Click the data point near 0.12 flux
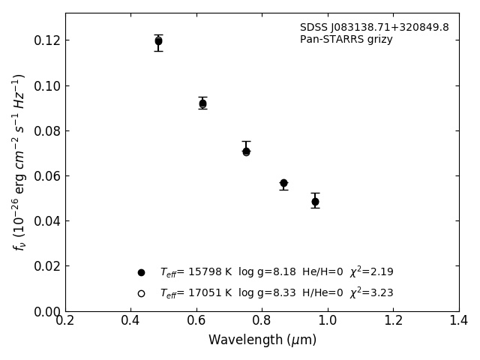[x=158, y=41]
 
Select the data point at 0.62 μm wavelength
[x=202, y=103]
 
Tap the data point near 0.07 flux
[x=246, y=151]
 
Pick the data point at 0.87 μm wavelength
[x=283, y=183]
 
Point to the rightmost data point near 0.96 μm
[x=315, y=201]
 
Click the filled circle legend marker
[x=141, y=272]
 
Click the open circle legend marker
[x=141, y=293]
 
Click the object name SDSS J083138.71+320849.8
[x=374, y=28]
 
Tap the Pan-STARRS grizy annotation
[x=346, y=40]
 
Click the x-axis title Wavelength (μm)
[x=262, y=340]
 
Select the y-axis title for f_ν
[x=19, y=161]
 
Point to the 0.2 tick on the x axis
[x=65, y=321]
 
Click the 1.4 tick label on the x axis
[x=459, y=321]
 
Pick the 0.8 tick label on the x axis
[x=262, y=321]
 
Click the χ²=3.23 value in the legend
[x=371, y=293]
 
